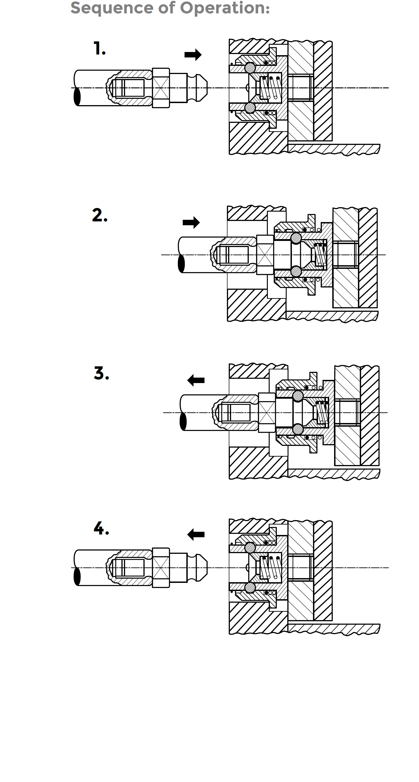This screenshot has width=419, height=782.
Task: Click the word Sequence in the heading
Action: [x=112, y=8]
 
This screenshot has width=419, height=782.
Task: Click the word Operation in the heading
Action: [x=224, y=8]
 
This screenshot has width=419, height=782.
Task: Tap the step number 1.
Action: [x=99, y=49]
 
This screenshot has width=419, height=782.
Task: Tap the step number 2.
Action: [x=99, y=215]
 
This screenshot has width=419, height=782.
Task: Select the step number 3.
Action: [x=101, y=373]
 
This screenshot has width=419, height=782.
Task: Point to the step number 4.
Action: [x=101, y=528]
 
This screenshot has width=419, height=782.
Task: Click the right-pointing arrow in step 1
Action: [x=193, y=55]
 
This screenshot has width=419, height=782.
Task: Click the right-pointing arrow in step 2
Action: [x=191, y=222]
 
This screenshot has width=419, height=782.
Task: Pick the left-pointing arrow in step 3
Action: [x=196, y=380]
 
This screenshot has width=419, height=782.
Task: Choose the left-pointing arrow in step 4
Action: [x=196, y=534]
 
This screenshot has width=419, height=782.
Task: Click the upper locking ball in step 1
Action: [x=250, y=68]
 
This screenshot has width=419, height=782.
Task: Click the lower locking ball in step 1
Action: [x=250, y=108]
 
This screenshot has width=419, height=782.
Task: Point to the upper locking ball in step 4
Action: [x=250, y=548]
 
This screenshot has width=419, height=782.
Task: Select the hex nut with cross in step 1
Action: [x=161, y=88]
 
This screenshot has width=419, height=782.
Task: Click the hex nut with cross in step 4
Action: [x=161, y=568]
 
